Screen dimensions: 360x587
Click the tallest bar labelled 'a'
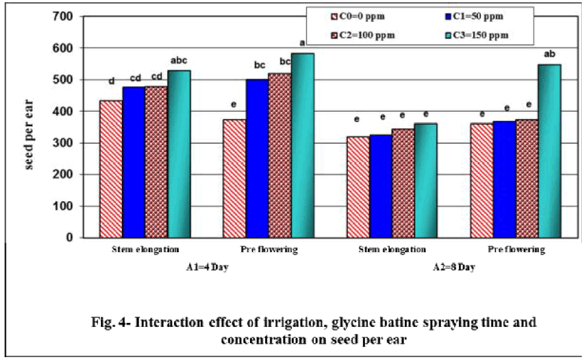pyautogui.click(x=302, y=145)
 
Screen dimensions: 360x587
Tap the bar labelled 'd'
pyautogui.click(x=111, y=169)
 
